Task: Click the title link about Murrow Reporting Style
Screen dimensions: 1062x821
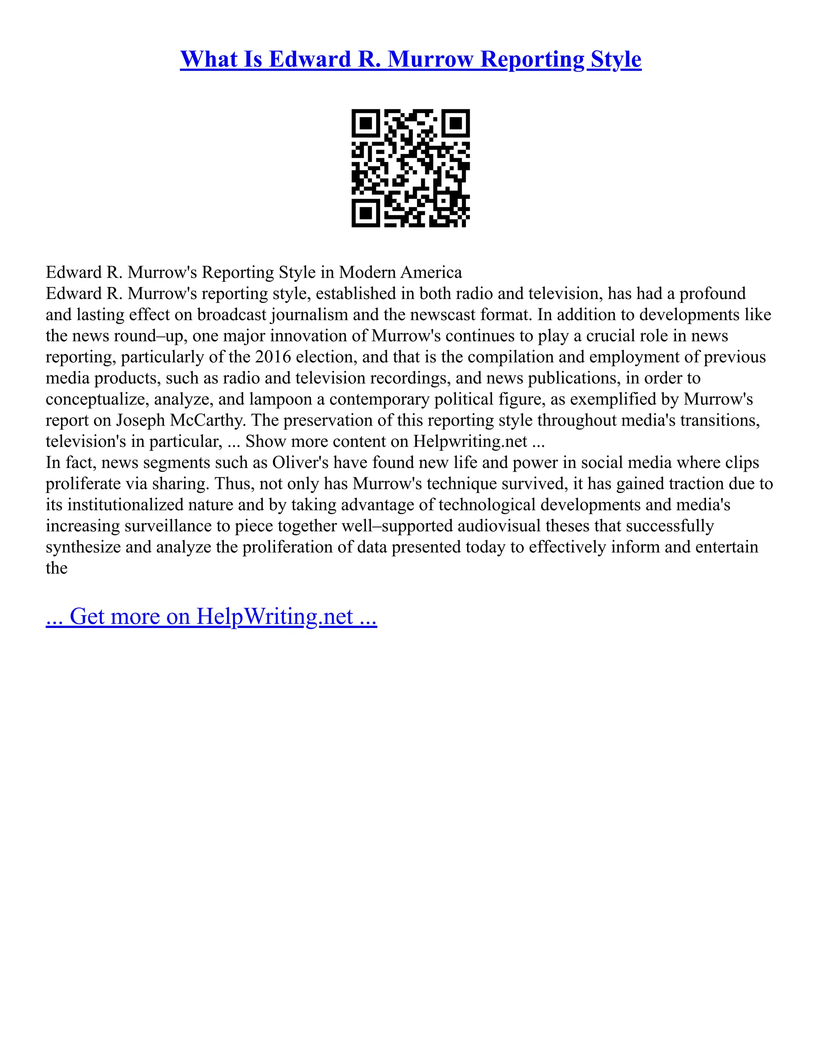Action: pyautogui.click(x=410, y=59)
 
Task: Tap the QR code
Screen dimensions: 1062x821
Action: pyautogui.click(x=410, y=168)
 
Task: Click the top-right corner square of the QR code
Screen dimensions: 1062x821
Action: pyautogui.click(x=455, y=123)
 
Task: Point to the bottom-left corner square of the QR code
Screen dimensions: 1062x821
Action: pyautogui.click(x=366, y=212)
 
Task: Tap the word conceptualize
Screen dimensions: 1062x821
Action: pyautogui.click(x=97, y=399)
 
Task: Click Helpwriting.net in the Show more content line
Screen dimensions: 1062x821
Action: pyautogui.click(x=470, y=442)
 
